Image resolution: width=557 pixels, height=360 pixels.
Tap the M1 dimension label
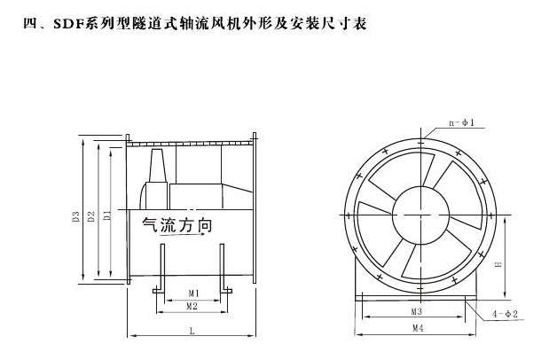[192, 293]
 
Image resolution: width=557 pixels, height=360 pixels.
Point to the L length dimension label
[192, 331]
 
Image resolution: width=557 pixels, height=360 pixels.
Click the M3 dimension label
[415, 313]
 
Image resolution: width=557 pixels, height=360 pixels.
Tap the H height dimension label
[498, 264]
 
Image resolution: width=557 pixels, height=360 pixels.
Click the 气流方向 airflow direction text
[177, 227]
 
